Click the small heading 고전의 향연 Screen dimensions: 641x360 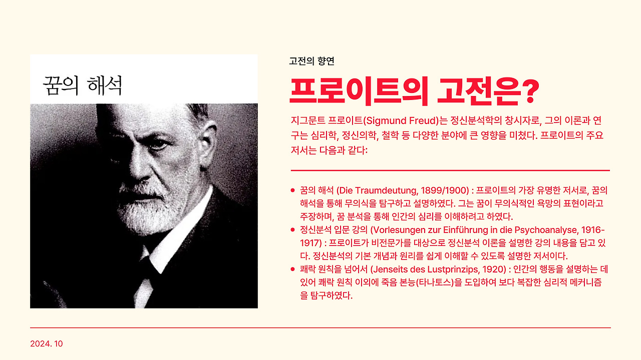point(311,61)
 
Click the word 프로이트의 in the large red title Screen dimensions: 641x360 point(359,91)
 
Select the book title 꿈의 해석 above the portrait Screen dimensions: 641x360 point(83,85)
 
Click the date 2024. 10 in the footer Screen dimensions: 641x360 point(47,343)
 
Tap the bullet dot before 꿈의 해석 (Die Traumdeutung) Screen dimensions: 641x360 point(292,190)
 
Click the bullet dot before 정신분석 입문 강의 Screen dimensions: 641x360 point(292,229)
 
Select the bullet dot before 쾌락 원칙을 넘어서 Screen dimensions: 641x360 point(292,269)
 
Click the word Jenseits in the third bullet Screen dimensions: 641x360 point(391,269)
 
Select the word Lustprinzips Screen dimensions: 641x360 point(454,269)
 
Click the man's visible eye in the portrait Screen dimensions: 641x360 point(158,144)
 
